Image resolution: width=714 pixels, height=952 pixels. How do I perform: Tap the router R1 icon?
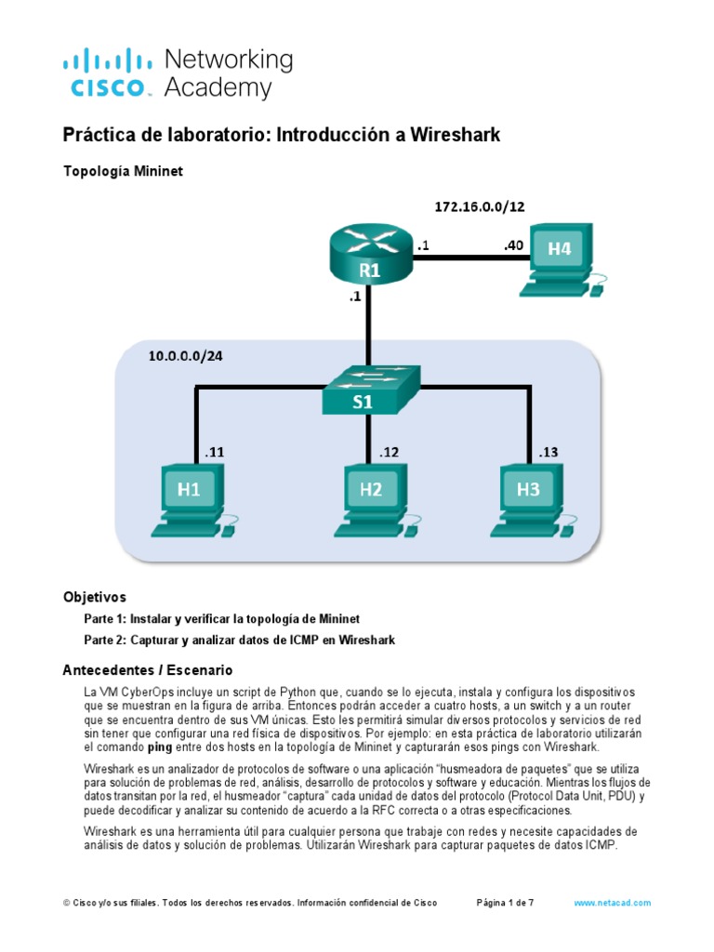tap(370, 255)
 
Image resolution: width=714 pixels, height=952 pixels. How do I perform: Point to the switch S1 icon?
tap(370, 390)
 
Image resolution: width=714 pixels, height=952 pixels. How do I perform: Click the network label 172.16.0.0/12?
tap(480, 206)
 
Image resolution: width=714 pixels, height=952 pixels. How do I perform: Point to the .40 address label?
tap(514, 246)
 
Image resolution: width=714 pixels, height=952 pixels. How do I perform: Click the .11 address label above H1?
tap(214, 453)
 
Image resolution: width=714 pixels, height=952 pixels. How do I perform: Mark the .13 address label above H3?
tap(547, 453)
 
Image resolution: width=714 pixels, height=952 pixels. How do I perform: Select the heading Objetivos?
tap(94, 597)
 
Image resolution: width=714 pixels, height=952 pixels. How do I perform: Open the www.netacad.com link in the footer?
tap(613, 903)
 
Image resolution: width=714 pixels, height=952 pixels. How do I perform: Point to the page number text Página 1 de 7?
tap(505, 903)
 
